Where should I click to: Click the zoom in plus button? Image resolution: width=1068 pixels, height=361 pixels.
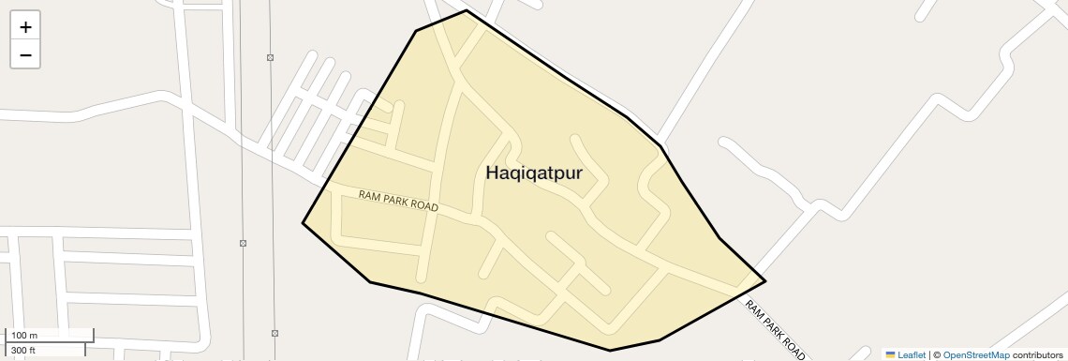[x=25, y=27]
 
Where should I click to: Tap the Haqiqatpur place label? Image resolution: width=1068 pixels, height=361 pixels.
[x=534, y=173]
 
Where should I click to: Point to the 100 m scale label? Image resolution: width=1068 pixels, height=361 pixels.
[x=24, y=336]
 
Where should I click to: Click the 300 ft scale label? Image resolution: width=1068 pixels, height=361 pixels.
[x=23, y=351]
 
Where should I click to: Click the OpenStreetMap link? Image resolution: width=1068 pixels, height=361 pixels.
[x=976, y=355]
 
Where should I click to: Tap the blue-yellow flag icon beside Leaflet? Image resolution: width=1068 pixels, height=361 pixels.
[x=890, y=355]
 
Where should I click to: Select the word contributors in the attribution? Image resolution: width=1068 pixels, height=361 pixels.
[x=1038, y=355]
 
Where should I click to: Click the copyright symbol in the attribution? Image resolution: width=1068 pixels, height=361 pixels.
[x=936, y=355]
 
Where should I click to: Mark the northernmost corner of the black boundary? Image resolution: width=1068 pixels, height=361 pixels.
[x=467, y=10]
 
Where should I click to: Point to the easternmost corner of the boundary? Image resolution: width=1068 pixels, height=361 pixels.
[x=765, y=281]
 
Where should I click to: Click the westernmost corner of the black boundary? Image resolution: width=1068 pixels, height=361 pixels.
[x=303, y=223]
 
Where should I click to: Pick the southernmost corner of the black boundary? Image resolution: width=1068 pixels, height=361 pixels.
[x=611, y=351]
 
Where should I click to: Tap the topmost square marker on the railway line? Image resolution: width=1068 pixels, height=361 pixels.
[x=270, y=58]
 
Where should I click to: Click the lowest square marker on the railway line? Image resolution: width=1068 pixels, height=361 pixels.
[x=274, y=333]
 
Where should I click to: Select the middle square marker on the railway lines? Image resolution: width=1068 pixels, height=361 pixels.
[x=243, y=243]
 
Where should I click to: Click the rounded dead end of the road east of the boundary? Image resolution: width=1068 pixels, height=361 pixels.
[x=724, y=143]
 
